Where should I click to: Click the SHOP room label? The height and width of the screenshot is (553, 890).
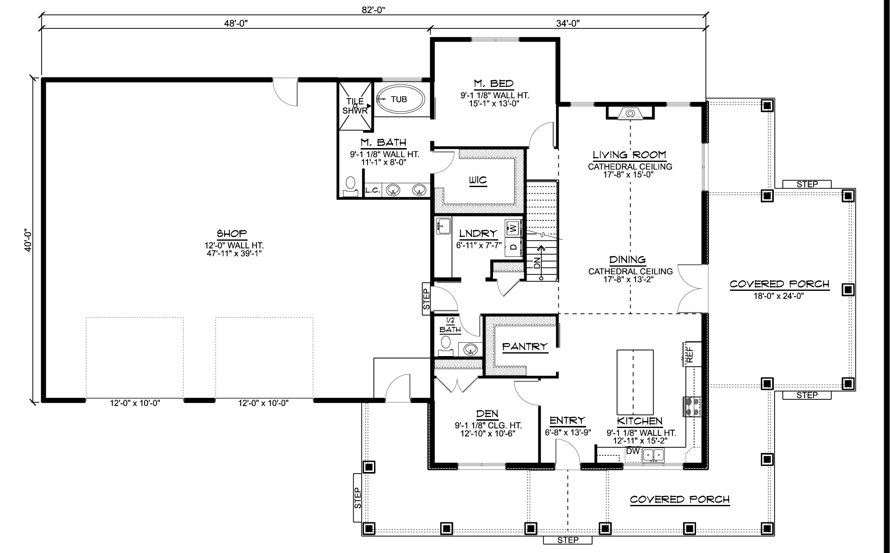click(232, 233)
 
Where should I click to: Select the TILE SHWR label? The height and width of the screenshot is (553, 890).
click(355, 106)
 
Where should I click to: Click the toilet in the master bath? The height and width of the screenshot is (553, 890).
click(350, 187)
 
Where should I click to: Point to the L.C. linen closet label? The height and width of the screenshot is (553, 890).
click(373, 191)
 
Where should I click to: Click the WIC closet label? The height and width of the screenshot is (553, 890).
click(478, 180)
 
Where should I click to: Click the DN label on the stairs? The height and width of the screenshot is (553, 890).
click(537, 263)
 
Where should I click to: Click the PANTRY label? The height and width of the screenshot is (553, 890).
click(525, 346)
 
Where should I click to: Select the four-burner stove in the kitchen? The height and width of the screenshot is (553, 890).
click(692, 407)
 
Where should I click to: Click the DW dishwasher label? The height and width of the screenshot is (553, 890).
click(633, 451)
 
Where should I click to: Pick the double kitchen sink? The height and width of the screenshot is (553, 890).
click(653, 455)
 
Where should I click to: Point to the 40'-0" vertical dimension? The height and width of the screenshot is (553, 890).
click(28, 240)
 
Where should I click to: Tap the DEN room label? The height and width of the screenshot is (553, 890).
click(487, 413)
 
